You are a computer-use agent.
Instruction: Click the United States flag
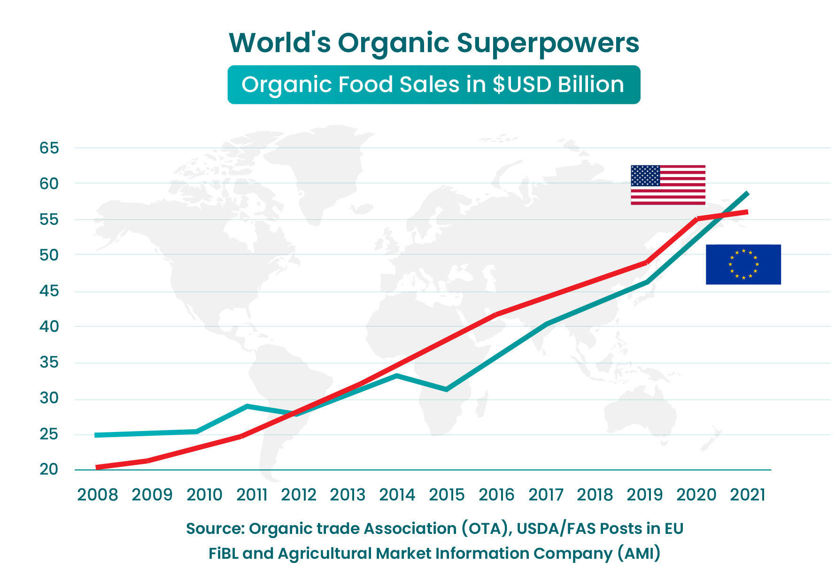(x=668, y=185)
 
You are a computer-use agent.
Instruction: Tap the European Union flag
(x=743, y=264)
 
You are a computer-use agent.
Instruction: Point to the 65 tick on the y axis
(x=49, y=148)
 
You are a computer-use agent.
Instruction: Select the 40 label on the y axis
(x=49, y=326)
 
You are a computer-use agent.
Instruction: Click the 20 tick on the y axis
(x=49, y=469)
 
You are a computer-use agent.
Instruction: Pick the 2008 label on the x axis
(x=98, y=495)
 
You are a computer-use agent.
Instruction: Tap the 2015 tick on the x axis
(x=447, y=495)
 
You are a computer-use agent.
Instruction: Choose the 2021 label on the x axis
(x=748, y=495)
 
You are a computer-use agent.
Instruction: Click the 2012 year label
(x=299, y=495)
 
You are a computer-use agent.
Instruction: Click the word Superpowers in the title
(x=548, y=43)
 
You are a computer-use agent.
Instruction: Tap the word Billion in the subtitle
(x=591, y=85)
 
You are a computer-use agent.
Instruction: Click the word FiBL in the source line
(x=223, y=554)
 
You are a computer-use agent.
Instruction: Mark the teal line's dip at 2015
(x=446, y=389)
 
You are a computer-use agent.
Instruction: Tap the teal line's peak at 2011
(x=247, y=406)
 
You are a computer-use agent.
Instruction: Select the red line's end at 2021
(x=747, y=212)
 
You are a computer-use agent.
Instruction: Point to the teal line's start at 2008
(x=97, y=435)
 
